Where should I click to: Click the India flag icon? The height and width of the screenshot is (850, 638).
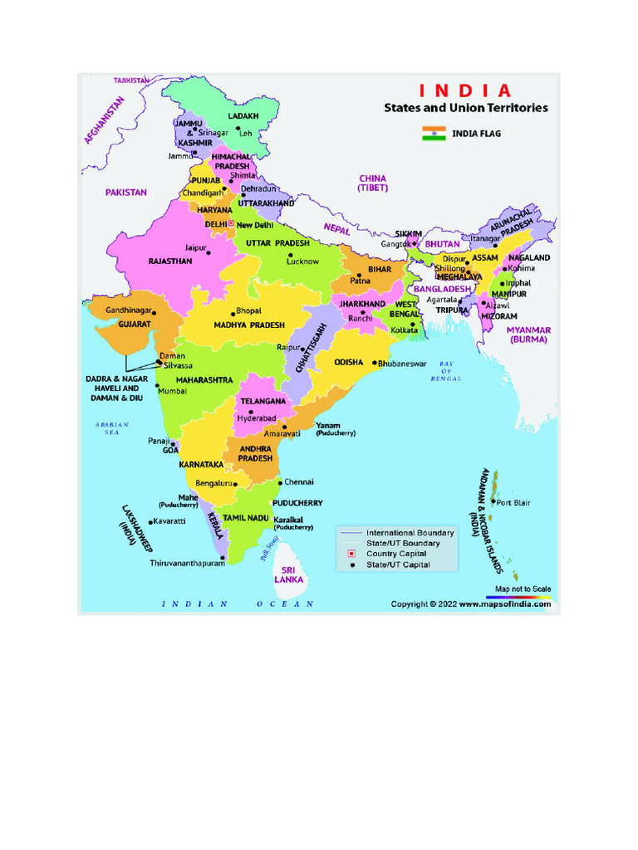tap(434, 133)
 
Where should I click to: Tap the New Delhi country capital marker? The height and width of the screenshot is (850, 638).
tap(231, 224)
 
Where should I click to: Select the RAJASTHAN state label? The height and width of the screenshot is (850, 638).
tap(170, 261)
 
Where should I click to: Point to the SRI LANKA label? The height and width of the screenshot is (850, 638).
tap(289, 574)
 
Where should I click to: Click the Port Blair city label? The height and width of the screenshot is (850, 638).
tap(513, 502)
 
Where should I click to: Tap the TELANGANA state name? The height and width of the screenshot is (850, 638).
tap(263, 401)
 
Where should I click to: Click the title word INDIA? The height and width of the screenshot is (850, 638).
tap(465, 90)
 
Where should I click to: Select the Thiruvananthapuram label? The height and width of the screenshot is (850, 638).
tap(187, 563)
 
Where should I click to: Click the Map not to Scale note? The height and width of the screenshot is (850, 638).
tap(523, 589)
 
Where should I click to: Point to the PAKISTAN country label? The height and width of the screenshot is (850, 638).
tap(126, 192)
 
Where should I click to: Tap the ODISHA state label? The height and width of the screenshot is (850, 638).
tap(349, 363)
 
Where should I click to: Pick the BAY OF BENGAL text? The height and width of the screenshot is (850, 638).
tap(445, 371)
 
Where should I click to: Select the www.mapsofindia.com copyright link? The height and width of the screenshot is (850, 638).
tap(505, 604)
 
